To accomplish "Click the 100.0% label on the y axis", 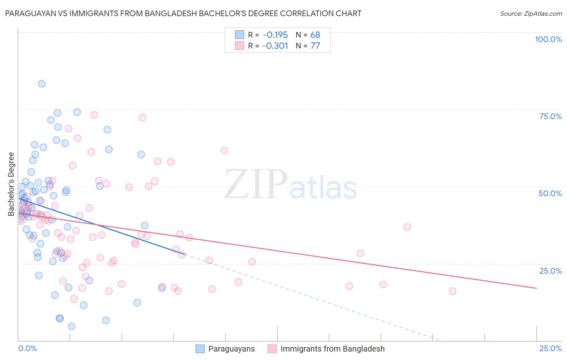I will pyautogui.click(x=548, y=39).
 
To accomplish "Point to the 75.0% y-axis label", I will pyautogui.click(x=550, y=116).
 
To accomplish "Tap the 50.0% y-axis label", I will pyautogui.click(x=550, y=193).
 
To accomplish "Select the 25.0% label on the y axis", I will pyautogui.click(x=550, y=270).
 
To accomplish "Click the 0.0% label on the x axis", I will pyautogui.click(x=27, y=348).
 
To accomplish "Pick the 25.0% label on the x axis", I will pyautogui.click(x=550, y=348).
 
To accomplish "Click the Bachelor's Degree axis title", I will pyautogui.click(x=11, y=184).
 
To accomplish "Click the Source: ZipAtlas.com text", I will pyautogui.click(x=531, y=14).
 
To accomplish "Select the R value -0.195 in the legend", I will pyautogui.click(x=275, y=35).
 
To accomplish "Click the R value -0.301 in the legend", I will pyautogui.click(x=275, y=46).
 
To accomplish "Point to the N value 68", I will pyautogui.click(x=315, y=35).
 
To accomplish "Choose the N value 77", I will pyautogui.click(x=315, y=46).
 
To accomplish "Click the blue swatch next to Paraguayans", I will pyautogui.click(x=200, y=349).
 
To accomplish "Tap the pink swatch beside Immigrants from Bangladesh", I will pyautogui.click(x=272, y=349).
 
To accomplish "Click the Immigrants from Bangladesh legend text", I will pyautogui.click(x=332, y=349).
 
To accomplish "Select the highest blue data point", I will pyautogui.click(x=42, y=84).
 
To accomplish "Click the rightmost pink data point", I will pyautogui.click(x=452, y=291).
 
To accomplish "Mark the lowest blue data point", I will pyautogui.click(x=71, y=326).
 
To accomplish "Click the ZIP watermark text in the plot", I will pyautogui.click(x=255, y=184).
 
